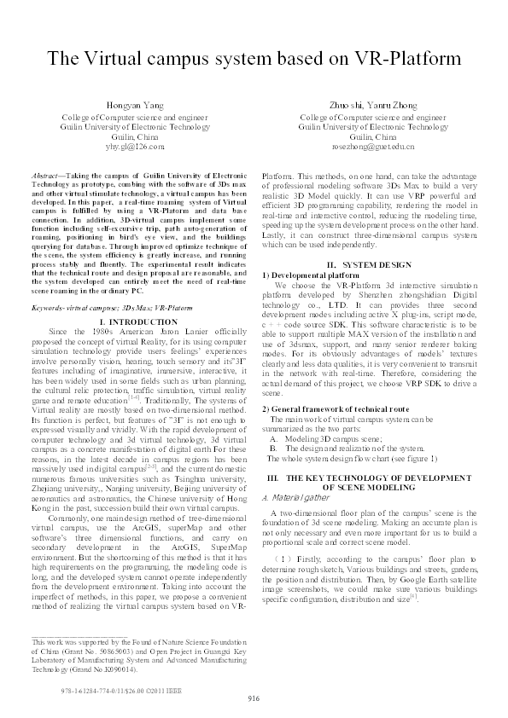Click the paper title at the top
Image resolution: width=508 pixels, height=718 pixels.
254,59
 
